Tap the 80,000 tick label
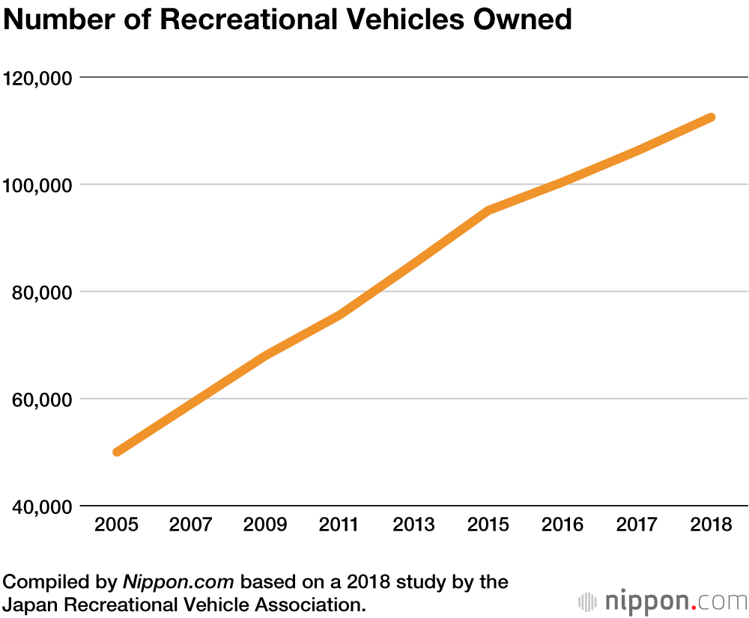[42, 292]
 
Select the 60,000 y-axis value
[42, 399]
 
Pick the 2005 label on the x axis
[116, 524]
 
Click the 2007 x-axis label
[190, 524]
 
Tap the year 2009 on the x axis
[264, 524]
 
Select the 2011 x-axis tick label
[339, 524]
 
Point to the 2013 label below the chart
[413, 524]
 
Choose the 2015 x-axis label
[488, 524]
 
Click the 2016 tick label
[562, 524]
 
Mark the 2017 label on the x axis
[636, 524]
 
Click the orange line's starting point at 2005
[117, 452]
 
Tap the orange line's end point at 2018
[711, 117]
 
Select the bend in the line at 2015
[488, 211]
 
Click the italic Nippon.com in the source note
[179, 581]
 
